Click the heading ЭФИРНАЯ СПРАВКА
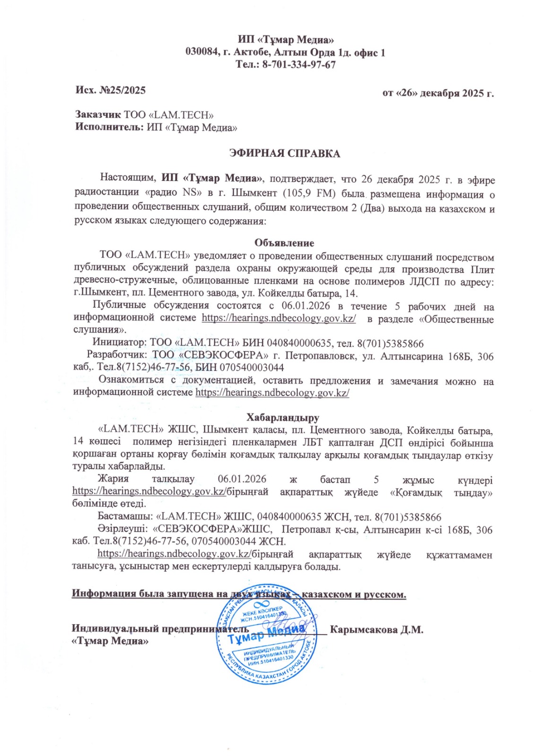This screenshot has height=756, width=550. point(284,154)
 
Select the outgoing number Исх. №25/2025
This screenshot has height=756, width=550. point(110,90)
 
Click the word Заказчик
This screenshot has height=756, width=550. point(98,115)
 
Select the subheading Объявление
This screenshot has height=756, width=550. point(284,243)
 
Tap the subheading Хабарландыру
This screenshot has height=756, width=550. point(283,418)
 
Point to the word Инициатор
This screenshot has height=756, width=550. point(119,343)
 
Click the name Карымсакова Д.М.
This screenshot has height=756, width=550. point(376,630)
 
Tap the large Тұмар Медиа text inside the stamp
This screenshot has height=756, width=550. point(266,634)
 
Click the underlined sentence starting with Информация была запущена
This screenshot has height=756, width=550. point(239,594)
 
